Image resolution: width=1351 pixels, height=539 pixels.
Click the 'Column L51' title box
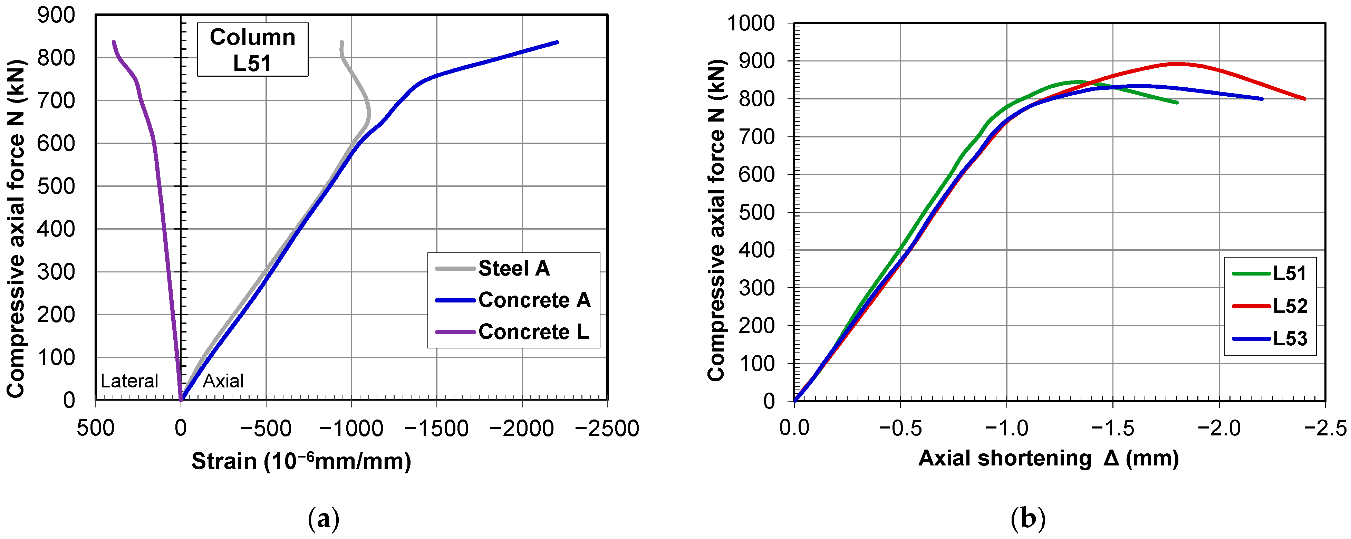(x=252, y=49)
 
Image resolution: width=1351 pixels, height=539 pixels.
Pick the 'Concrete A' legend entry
(x=513, y=300)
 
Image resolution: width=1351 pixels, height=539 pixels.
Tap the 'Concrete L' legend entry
(x=512, y=332)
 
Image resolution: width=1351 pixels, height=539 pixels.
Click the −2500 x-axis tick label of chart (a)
(x=607, y=429)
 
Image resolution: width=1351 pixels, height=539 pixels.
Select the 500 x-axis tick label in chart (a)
(x=95, y=429)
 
